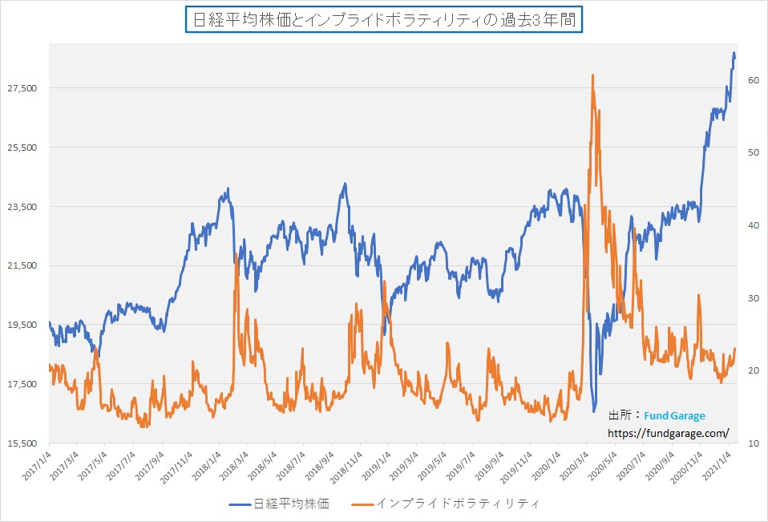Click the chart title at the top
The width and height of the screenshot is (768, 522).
[x=384, y=19]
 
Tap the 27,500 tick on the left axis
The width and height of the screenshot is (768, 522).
[x=22, y=88]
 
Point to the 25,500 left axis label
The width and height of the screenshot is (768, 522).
[x=22, y=148]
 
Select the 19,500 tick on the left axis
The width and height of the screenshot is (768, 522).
[x=22, y=325]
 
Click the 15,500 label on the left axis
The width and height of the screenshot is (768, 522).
[x=22, y=443]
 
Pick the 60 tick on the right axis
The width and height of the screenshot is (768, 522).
[x=754, y=80]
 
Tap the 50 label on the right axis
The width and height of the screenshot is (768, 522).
[x=754, y=152]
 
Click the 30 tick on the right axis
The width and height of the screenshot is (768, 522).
[x=754, y=298]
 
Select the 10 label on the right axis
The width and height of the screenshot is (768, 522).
[x=754, y=443]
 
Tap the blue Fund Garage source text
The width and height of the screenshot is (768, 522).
[x=674, y=415]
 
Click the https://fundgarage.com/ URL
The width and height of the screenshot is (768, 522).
[x=669, y=433]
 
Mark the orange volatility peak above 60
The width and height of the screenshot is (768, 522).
[x=592, y=75]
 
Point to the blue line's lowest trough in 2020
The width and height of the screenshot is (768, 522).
[x=594, y=411]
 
